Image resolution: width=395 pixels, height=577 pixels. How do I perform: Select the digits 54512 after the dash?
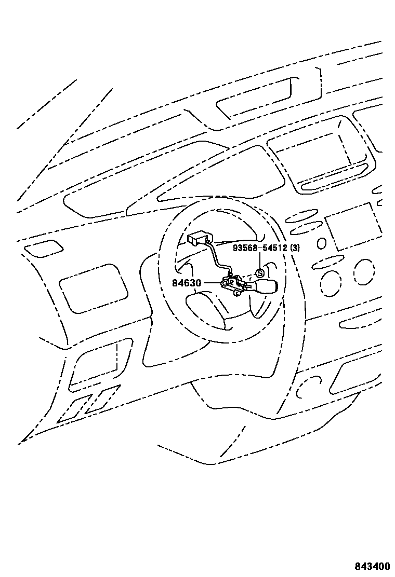pos(273,248)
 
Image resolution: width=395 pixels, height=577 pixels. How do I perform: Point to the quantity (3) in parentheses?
pos(295,248)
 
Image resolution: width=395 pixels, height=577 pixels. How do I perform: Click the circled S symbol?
pos(260,273)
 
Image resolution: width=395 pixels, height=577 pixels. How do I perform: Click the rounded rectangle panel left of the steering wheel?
pos(94,288)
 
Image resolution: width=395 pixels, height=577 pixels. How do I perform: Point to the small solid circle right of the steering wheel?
pos(321,243)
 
